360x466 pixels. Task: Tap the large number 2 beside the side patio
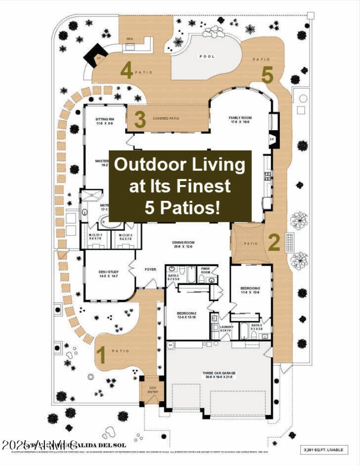pyautogui.click(x=274, y=242)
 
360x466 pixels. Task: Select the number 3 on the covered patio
pyautogui.click(x=140, y=120)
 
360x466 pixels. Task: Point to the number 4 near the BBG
pyautogui.click(x=127, y=71)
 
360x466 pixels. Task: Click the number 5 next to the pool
pyautogui.click(x=268, y=75)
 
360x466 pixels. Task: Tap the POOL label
pyautogui.click(x=207, y=57)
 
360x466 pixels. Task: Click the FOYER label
pyautogui.click(x=150, y=269)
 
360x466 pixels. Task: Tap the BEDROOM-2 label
pyautogui.click(x=187, y=314)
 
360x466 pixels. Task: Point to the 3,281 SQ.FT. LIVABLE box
pyautogui.click(x=324, y=449)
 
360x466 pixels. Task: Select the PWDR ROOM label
pyautogui.click(x=206, y=271)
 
